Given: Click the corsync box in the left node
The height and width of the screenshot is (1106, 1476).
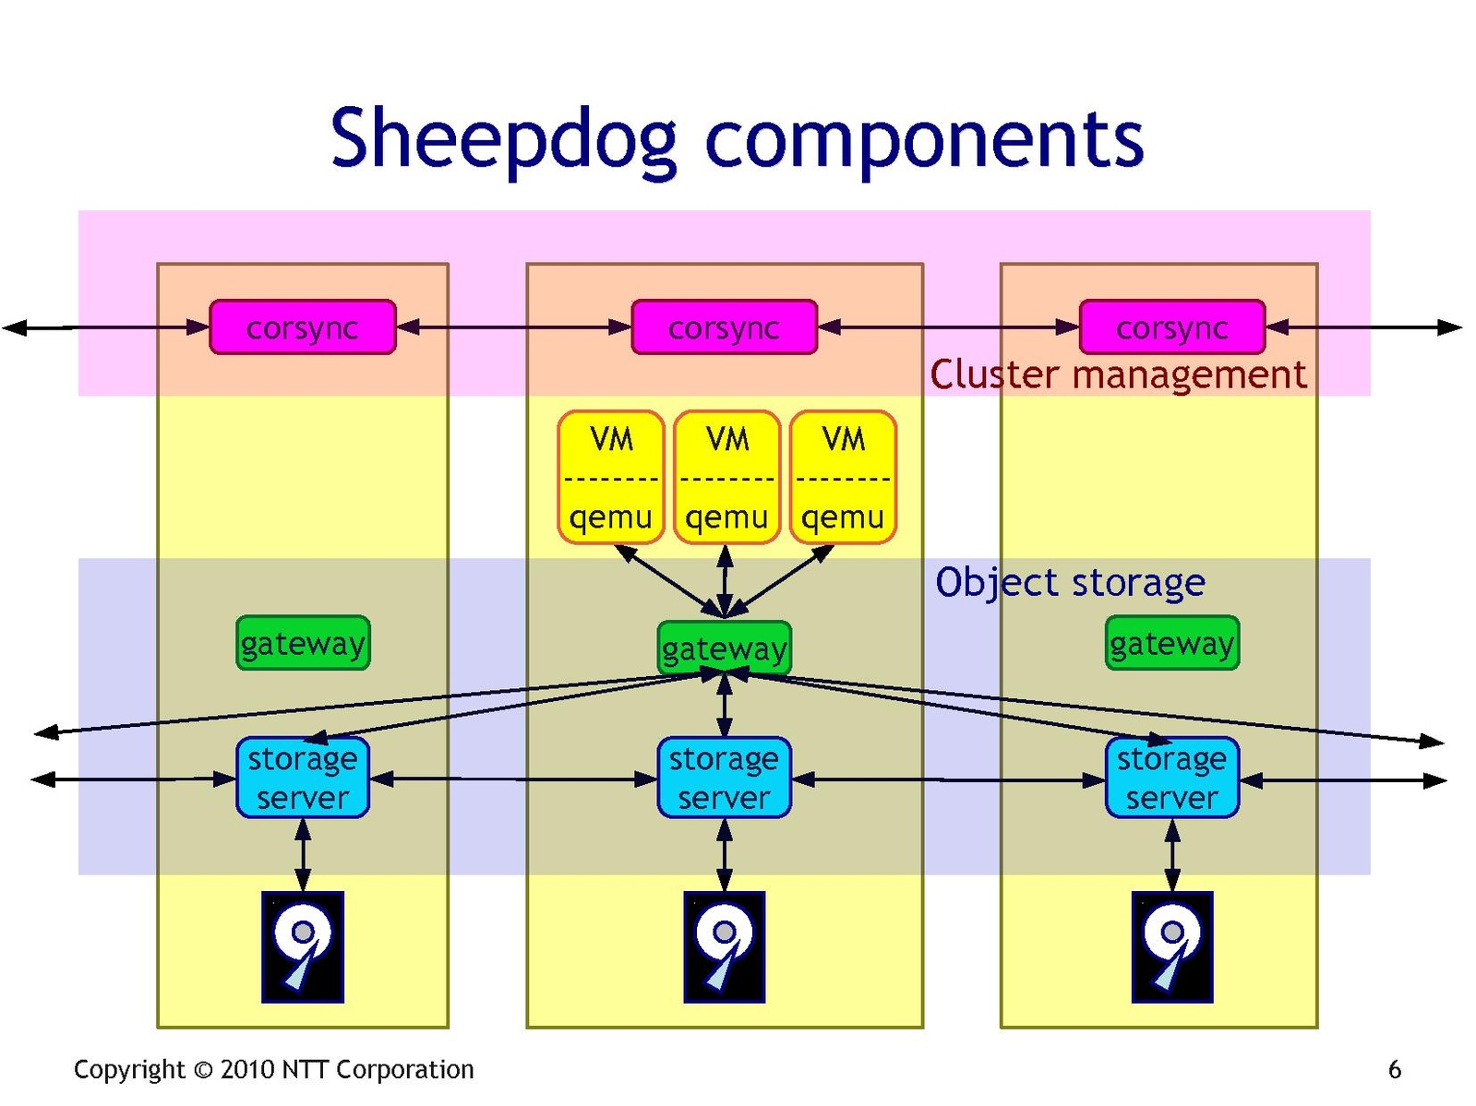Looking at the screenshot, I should (x=302, y=327).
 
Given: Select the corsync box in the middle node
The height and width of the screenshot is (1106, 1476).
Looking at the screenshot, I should (x=724, y=327).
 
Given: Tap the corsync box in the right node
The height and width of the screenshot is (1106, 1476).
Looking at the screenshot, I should (x=1171, y=327).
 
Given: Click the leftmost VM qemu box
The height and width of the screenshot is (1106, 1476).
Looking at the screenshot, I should (x=610, y=477).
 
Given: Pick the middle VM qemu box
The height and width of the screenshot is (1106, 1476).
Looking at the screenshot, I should (x=726, y=477).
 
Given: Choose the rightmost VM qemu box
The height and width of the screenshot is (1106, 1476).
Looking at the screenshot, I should (x=843, y=477).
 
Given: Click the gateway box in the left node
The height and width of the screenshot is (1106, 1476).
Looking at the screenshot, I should (x=303, y=643).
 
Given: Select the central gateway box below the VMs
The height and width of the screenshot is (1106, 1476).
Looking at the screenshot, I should (x=724, y=648).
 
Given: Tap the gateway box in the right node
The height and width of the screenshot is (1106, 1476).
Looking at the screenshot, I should (x=1171, y=643).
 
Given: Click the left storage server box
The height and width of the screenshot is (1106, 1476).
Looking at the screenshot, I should (x=303, y=778).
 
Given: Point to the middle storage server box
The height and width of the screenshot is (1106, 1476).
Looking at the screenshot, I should (x=724, y=778).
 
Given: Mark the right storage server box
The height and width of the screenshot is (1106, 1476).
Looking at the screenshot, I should (x=1171, y=778).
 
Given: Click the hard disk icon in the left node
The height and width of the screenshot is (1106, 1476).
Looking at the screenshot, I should (x=303, y=946).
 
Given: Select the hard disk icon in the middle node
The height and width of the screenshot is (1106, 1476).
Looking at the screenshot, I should (x=724, y=946).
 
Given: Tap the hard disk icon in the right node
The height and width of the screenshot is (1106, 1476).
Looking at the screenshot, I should (x=1171, y=946).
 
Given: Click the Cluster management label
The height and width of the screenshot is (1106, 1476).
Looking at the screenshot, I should (x=1117, y=375).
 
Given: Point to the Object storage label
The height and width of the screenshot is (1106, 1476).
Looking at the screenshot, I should (x=1070, y=582).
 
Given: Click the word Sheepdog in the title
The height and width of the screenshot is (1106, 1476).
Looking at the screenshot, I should (x=503, y=140).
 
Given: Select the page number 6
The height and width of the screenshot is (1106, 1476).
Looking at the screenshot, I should (x=1394, y=1070).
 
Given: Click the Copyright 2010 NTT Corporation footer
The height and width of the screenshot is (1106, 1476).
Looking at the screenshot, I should (x=273, y=1070).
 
